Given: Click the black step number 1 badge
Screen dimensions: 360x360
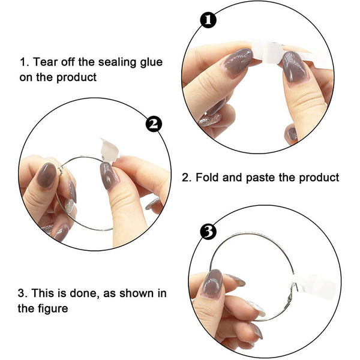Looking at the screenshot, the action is coord(208,20).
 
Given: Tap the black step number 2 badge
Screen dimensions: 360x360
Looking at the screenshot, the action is coord(154,124).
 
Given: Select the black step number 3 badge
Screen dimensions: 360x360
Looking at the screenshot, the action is coord(208,232).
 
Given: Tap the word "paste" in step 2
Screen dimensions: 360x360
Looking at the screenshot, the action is coord(261,178).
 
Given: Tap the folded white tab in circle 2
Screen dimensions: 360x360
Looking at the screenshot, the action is coord(110,149).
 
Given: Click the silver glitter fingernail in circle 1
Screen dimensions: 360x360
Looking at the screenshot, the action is coord(210,118).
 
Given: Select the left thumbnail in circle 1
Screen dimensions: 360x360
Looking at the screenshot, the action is coord(238,61).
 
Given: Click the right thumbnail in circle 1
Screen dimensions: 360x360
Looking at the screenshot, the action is coord(294,67).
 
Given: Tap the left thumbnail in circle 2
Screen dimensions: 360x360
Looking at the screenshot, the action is coord(47,175).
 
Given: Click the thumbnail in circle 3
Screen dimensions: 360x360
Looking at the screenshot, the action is coord(212,284).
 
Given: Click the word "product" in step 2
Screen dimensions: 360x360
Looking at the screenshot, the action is coord(319,178).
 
